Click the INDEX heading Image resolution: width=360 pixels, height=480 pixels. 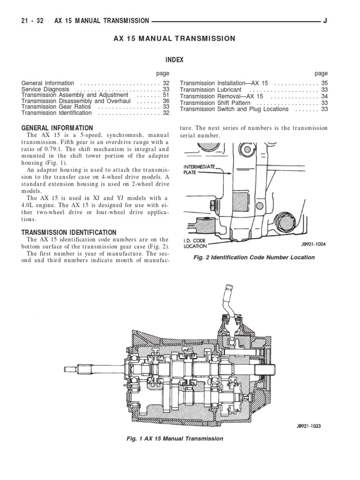point(174,60)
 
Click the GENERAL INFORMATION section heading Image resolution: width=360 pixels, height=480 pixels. point(57,128)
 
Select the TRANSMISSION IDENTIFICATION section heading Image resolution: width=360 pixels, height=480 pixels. point(69,232)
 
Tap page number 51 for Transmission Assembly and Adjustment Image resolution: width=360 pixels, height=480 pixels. point(166,95)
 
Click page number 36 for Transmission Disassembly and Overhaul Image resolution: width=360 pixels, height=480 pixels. point(166,101)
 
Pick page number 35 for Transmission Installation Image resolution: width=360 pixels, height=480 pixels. point(324,83)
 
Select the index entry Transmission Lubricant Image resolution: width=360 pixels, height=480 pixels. point(210,90)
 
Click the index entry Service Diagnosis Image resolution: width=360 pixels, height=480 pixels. point(45,89)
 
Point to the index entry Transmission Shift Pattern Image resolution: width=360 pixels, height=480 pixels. point(215,103)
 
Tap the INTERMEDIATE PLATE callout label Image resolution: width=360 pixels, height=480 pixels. point(200,169)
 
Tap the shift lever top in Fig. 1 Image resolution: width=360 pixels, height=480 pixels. point(230,288)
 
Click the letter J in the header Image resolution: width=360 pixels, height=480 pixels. point(325,21)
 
